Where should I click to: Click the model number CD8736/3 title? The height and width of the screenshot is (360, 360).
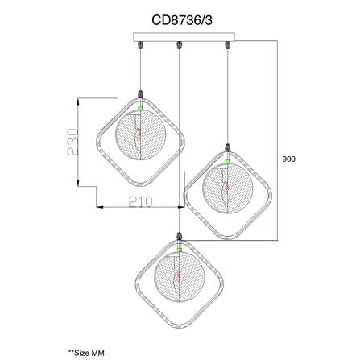click(182, 20)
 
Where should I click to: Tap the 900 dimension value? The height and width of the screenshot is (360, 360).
click(288, 159)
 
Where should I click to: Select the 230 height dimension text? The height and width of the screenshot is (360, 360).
click(73, 142)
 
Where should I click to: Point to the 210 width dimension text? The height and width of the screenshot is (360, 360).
click(140, 201)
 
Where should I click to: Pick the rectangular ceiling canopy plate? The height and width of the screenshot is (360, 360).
click(184, 37)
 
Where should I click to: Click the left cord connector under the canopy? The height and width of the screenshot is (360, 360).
click(140, 45)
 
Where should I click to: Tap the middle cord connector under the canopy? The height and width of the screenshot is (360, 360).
click(179, 45)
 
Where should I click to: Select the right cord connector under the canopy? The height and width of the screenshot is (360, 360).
click(228, 45)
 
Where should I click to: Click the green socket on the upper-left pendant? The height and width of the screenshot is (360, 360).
click(140, 108)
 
